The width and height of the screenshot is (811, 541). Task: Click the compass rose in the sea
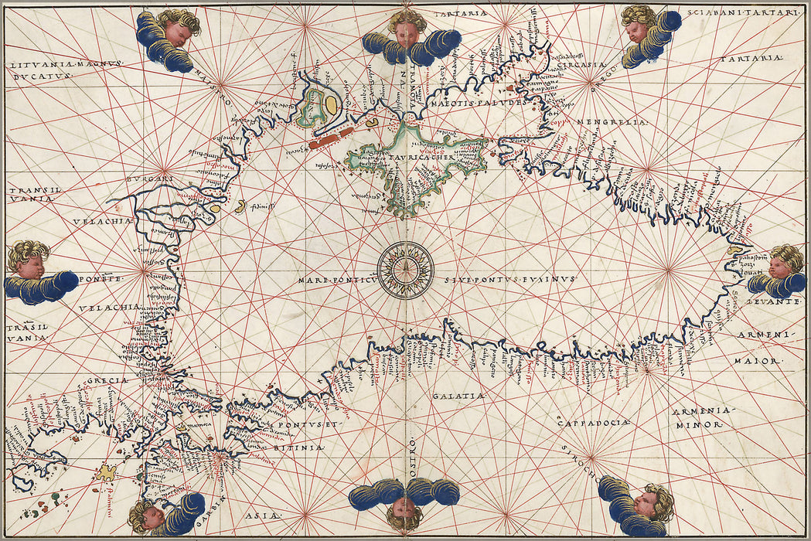(x=405, y=270)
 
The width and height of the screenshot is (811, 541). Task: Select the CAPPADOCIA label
(x=593, y=422)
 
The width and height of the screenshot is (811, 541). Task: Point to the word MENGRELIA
(x=619, y=121)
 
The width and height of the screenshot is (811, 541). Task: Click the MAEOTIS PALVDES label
(x=478, y=100)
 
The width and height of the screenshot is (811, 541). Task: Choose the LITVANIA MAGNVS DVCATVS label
(x=61, y=70)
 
